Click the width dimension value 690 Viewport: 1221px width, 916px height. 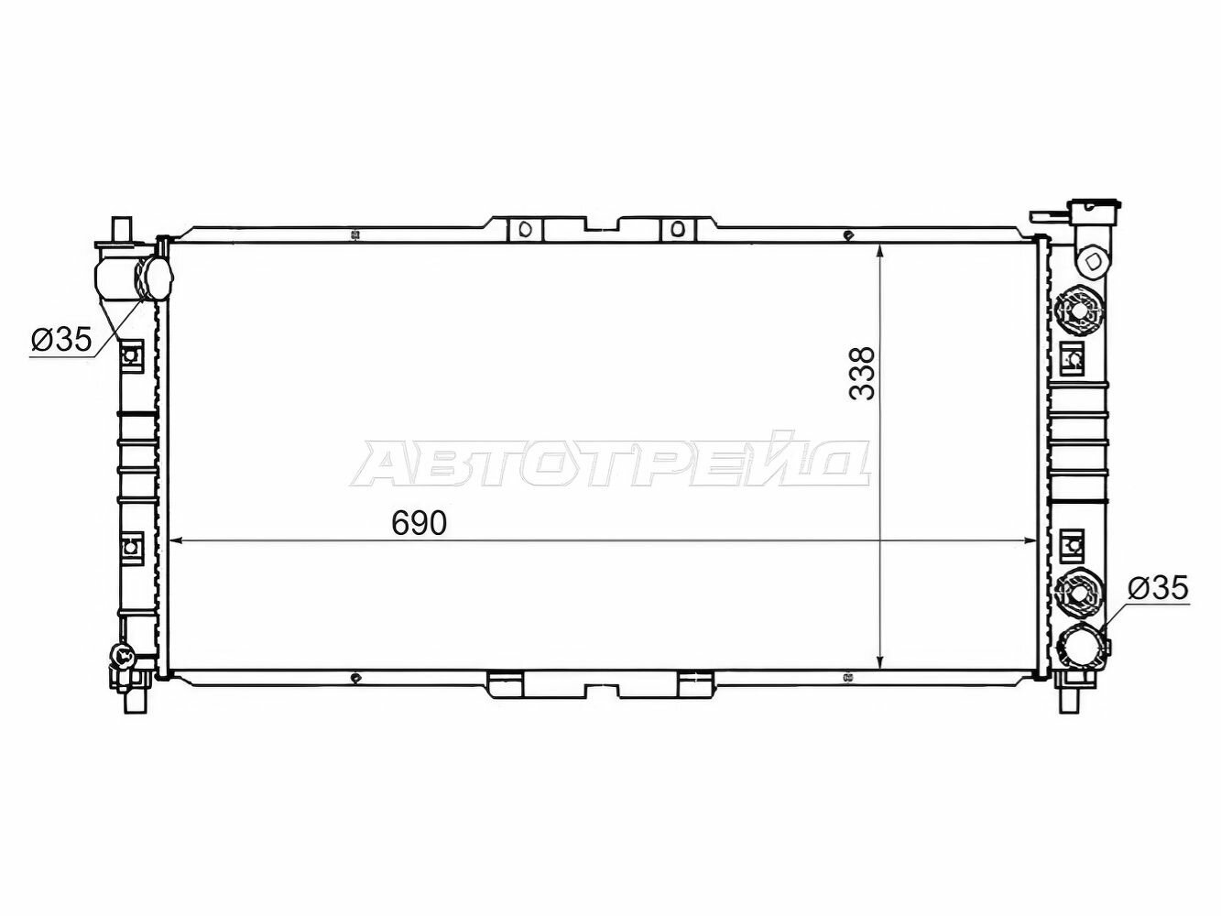click(419, 523)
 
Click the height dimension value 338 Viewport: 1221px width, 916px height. click(862, 373)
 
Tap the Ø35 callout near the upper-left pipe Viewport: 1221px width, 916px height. click(61, 339)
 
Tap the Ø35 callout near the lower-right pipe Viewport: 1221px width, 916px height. click(1158, 587)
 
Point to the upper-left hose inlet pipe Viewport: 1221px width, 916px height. click(134, 278)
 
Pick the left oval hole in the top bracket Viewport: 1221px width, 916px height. click(526, 229)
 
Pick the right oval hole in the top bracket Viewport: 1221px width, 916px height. click(677, 229)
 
